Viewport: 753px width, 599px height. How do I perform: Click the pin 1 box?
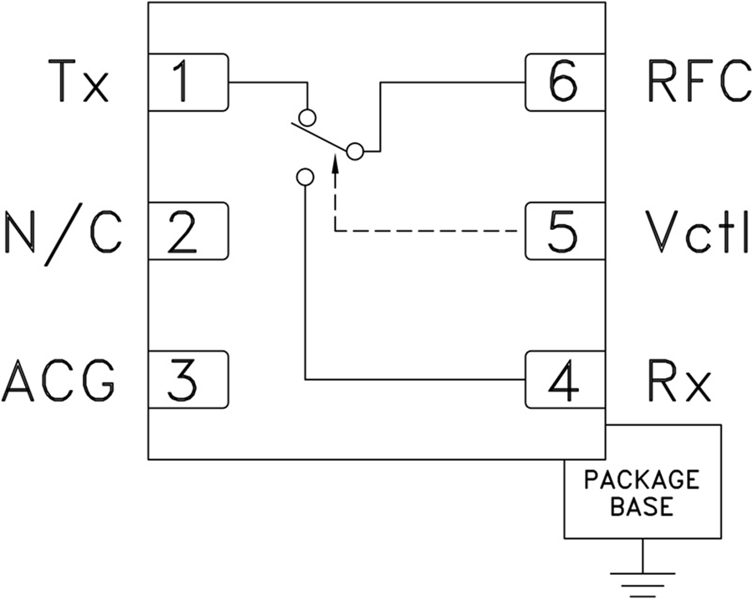click(188, 82)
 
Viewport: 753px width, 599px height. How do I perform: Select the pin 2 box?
click(188, 230)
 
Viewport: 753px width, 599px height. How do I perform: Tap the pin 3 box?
click(188, 380)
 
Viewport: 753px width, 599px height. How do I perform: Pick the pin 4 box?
click(565, 380)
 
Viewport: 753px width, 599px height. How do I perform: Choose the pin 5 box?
click(565, 230)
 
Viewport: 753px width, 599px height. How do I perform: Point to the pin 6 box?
click(565, 82)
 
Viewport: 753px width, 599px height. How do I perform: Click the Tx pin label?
click(79, 83)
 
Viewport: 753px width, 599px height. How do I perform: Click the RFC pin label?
click(699, 83)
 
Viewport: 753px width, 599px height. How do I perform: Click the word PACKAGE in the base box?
click(642, 481)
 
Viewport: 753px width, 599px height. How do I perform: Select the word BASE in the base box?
click(642, 506)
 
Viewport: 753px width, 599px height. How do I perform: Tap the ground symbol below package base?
click(643, 577)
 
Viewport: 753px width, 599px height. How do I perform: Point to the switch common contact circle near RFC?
click(356, 151)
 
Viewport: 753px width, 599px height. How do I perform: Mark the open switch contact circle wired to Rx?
click(305, 177)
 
